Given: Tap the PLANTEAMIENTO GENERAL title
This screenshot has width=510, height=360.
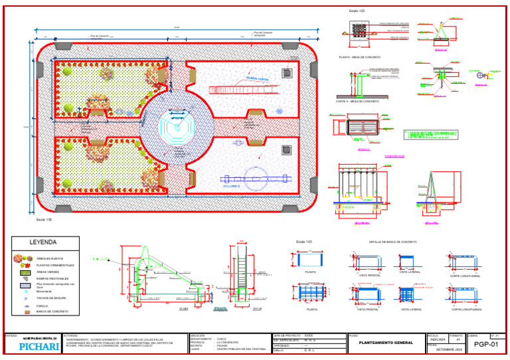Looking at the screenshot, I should tap(385, 343).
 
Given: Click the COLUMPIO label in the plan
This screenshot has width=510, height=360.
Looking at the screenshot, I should tap(231, 187).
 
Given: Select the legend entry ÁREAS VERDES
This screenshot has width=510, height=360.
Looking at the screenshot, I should tap(55, 272).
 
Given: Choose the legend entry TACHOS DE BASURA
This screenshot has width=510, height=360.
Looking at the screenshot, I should tap(56, 298).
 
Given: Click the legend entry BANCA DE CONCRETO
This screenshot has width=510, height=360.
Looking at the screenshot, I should tap(56, 311).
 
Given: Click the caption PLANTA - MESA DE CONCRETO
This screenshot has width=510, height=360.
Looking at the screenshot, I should tap(359, 58).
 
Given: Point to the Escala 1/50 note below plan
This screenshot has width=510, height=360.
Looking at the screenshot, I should tap(43, 217).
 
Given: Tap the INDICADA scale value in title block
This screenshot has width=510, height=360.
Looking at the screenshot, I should tap(438, 339).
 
